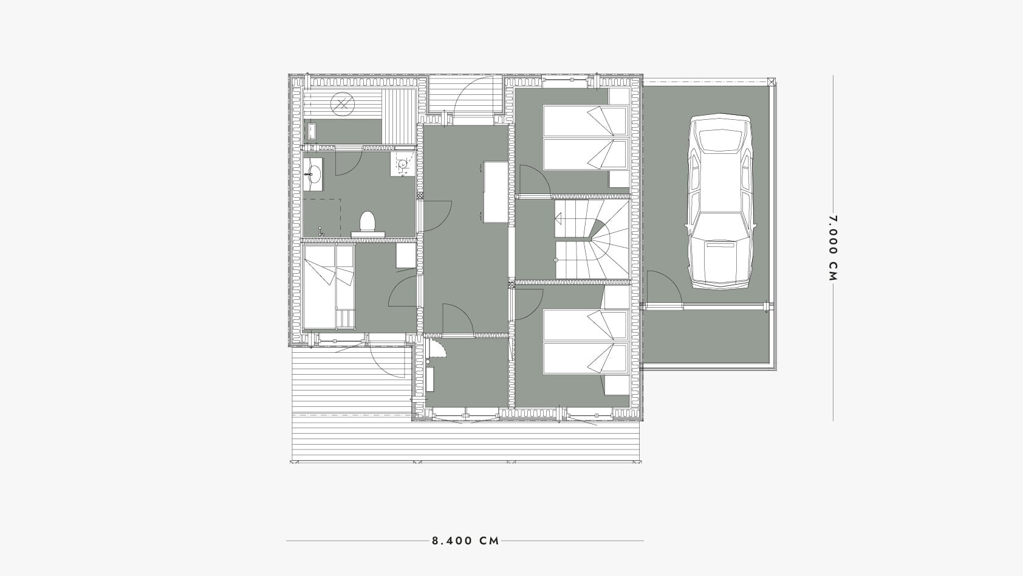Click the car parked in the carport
pyautogui.click(x=720, y=201)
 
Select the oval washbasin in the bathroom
pyautogui.click(x=313, y=174)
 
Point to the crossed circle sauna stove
pyautogui.click(x=343, y=104)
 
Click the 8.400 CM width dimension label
pyautogui.click(x=465, y=541)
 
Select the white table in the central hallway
pyautogui.click(x=496, y=192)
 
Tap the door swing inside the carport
pyautogui.click(x=665, y=290)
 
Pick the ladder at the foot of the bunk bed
pyautogui.click(x=345, y=319)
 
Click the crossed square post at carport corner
pyautogui.click(x=772, y=82)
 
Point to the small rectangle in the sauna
pyautogui.click(x=312, y=131)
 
